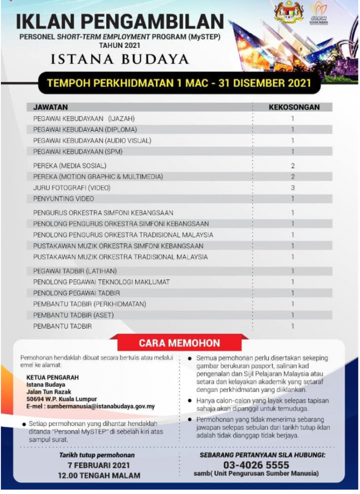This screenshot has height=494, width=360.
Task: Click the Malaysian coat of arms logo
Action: [289, 13]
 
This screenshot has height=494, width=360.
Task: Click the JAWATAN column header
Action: [50, 107]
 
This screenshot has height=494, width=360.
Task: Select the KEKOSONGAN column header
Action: [294, 107]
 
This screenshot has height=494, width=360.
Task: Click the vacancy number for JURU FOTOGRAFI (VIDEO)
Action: [292, 188]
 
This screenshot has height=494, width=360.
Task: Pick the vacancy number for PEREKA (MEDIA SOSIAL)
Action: [292, 165]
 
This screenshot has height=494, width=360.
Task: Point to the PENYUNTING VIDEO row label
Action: [64, 199]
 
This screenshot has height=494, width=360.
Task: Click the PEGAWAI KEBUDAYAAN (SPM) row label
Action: [78, 151]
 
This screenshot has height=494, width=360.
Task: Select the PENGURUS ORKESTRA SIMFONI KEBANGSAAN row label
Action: [103, 213]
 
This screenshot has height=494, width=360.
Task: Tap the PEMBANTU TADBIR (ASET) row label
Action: [71, 315]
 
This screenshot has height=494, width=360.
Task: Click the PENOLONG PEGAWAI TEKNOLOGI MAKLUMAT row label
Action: [101, 282]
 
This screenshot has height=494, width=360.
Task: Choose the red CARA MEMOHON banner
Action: [180, 343]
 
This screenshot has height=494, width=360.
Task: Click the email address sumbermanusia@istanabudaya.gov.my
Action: [90, 407]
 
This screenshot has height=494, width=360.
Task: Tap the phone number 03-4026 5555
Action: [256, 465]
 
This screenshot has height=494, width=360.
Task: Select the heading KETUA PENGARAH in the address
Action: [53, 377]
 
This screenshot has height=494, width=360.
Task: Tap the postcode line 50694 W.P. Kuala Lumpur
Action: [62, 399]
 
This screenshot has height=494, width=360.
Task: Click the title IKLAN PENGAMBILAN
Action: [120, 23]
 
